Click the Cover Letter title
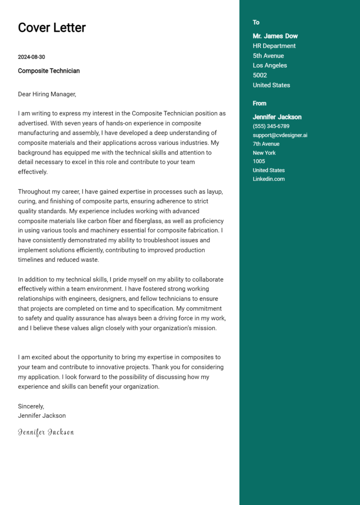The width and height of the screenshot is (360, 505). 52,28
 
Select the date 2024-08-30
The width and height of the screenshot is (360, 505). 31,57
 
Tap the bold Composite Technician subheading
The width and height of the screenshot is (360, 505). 49,71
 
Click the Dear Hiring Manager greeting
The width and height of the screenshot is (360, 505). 47,94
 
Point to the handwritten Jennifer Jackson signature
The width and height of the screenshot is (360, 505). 46,432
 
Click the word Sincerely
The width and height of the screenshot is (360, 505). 31,406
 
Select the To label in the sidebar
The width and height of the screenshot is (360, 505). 256,22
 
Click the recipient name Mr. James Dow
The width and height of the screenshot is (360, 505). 275,36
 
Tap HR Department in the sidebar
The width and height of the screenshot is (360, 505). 274,46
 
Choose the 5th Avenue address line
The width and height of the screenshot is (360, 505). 268,56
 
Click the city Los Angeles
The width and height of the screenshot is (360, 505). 270,66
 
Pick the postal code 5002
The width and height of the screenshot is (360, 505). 260,75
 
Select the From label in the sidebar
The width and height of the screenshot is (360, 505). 259,104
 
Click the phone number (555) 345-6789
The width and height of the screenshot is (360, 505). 271,126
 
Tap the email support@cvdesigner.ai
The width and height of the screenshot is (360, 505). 280,135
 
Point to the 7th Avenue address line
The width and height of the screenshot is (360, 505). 266,144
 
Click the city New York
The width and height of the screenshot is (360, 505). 264,153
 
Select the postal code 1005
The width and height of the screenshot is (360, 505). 259,162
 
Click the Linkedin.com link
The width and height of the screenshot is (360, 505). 269,179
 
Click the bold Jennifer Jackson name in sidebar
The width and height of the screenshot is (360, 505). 277,117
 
